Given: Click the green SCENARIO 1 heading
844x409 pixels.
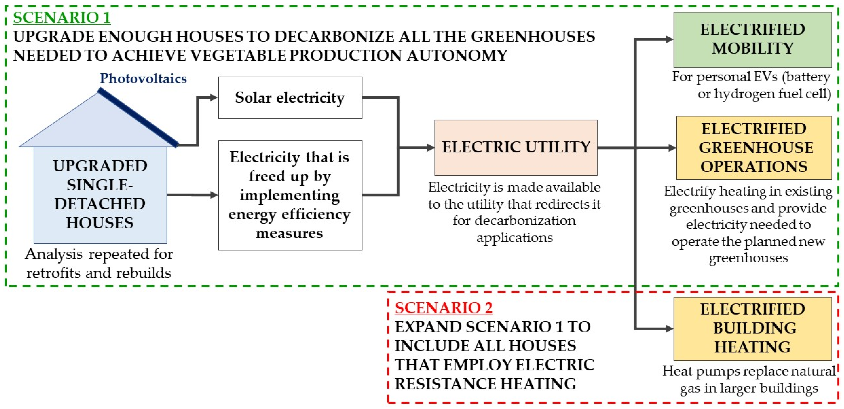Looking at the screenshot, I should tap(62, 18).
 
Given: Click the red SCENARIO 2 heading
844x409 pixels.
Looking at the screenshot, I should tap(443, 308).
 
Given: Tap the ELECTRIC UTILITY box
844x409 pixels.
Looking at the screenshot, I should tap(516, 148).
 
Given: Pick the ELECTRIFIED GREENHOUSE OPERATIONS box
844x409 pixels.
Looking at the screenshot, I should tap(754, 148).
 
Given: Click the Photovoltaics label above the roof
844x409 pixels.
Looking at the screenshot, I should tap(143, 78).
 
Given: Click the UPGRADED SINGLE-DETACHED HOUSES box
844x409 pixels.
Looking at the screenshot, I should tap(100, 195).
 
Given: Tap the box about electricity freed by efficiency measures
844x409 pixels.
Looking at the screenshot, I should tap(290, 195).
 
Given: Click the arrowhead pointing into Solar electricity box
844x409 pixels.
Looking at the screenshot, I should tap(214, 97).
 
